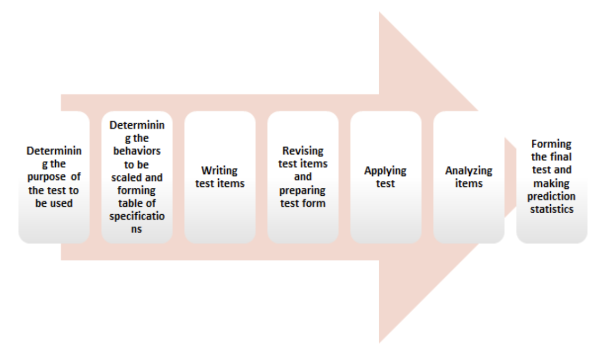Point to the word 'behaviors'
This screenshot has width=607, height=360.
coord(137,152)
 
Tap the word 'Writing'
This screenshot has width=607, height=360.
coord(220,171)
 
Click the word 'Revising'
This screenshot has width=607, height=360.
coord(303,151)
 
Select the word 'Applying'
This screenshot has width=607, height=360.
coord(386,171)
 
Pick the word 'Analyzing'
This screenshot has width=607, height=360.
coord(469,171)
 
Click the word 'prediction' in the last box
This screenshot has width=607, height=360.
coord(551,196)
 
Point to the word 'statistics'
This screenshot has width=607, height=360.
coord(551,209)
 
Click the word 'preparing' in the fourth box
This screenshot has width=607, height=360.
coord(303,190)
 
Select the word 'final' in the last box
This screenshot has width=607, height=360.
coord(561,156)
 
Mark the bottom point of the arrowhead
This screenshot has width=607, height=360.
coord(380,343)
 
